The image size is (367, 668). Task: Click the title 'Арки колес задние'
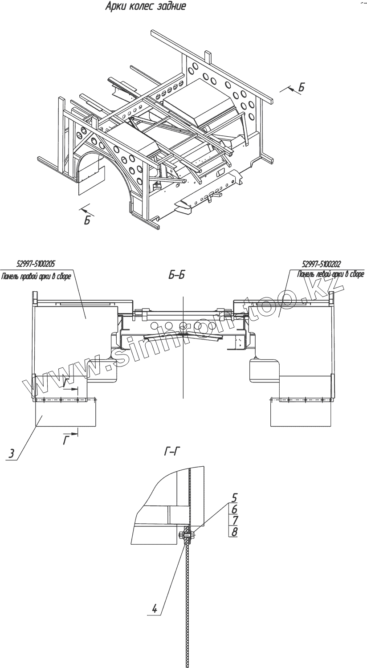[145, 7]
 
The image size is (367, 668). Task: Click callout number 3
[12, 454]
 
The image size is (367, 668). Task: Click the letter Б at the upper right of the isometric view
[301, 88]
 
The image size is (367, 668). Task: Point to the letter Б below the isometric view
[87, 220]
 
